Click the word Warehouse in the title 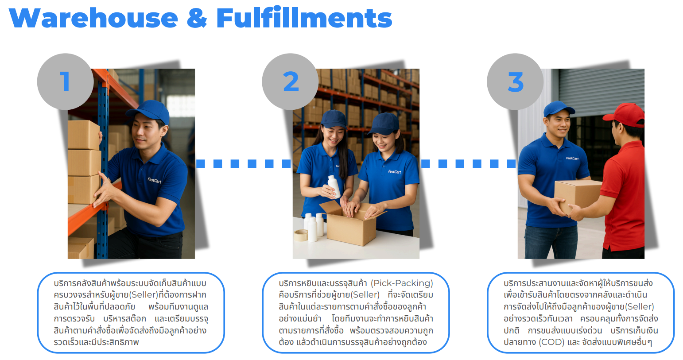pyautogui.click(x=93, y=19)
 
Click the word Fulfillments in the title pyautogui.click(x=304, y=19)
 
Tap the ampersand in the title pyautogui.click(x=197, y=19)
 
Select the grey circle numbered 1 pyautogui.click(x=65, y=82)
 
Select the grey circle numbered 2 pyautogui.click(x=290, y=82)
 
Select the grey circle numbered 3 pyautogui.click(x=515, y=82)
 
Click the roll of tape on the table pyautogui.click(x=301, y=235)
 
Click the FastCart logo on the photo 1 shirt pyautogui.click(x=154, y=180)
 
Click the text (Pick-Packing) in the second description pyautogui.click(x=402, y=283)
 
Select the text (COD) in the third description pyautogui.click(x=551, y=342)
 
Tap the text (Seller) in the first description pyautogui.click(x=144, y=295)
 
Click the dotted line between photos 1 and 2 pyautogui.click(x=243, y=164)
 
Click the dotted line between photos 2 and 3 pyautogui.click(x=468, y=164)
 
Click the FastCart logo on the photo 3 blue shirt pyautogui.click(x=572, y=158)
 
